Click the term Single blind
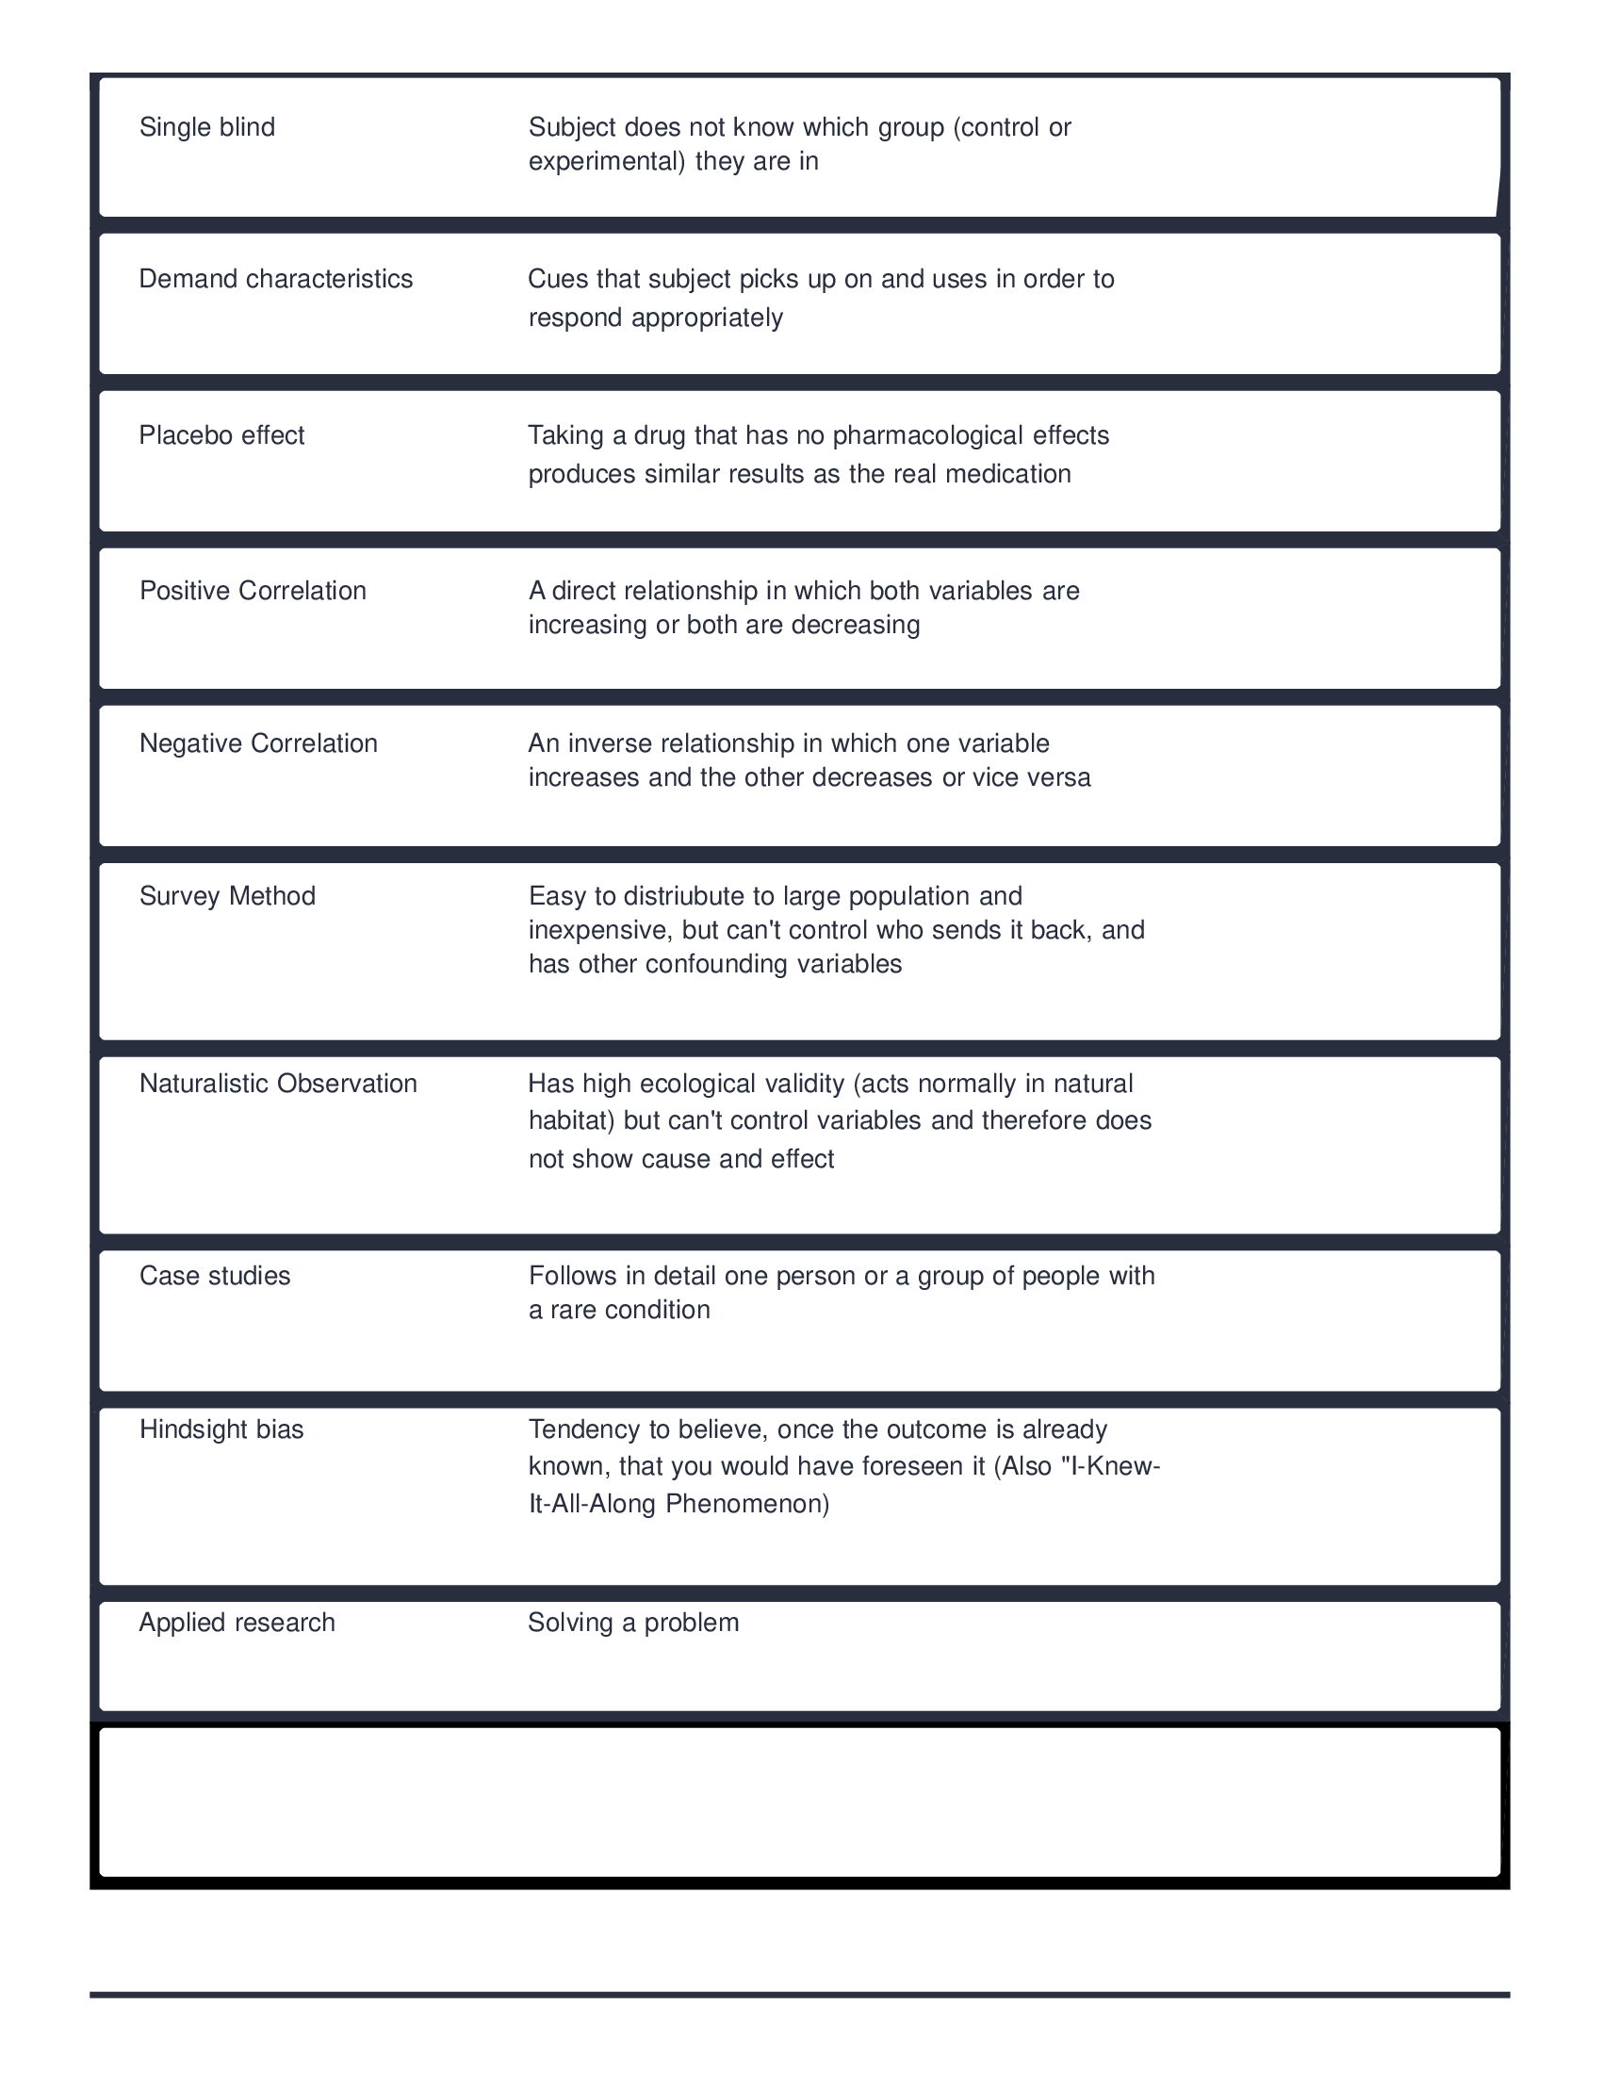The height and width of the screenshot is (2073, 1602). pos(207,127)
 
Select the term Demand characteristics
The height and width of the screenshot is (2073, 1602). pos(275,279)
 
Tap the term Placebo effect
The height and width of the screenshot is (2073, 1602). pos(221,435)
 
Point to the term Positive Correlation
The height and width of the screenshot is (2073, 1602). pos(253,592)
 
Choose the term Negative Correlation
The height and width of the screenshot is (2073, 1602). pos(258,743)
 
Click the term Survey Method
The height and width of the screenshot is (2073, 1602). pos(227,896)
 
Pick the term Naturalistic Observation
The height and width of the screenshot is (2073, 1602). pos(278,1084)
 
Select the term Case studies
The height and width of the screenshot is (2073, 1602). pos(215,1276)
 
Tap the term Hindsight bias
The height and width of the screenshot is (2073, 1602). pos(221,1429)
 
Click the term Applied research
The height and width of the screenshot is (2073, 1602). pos(237,1623)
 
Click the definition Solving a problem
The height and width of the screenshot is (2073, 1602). pos(633,1623)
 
